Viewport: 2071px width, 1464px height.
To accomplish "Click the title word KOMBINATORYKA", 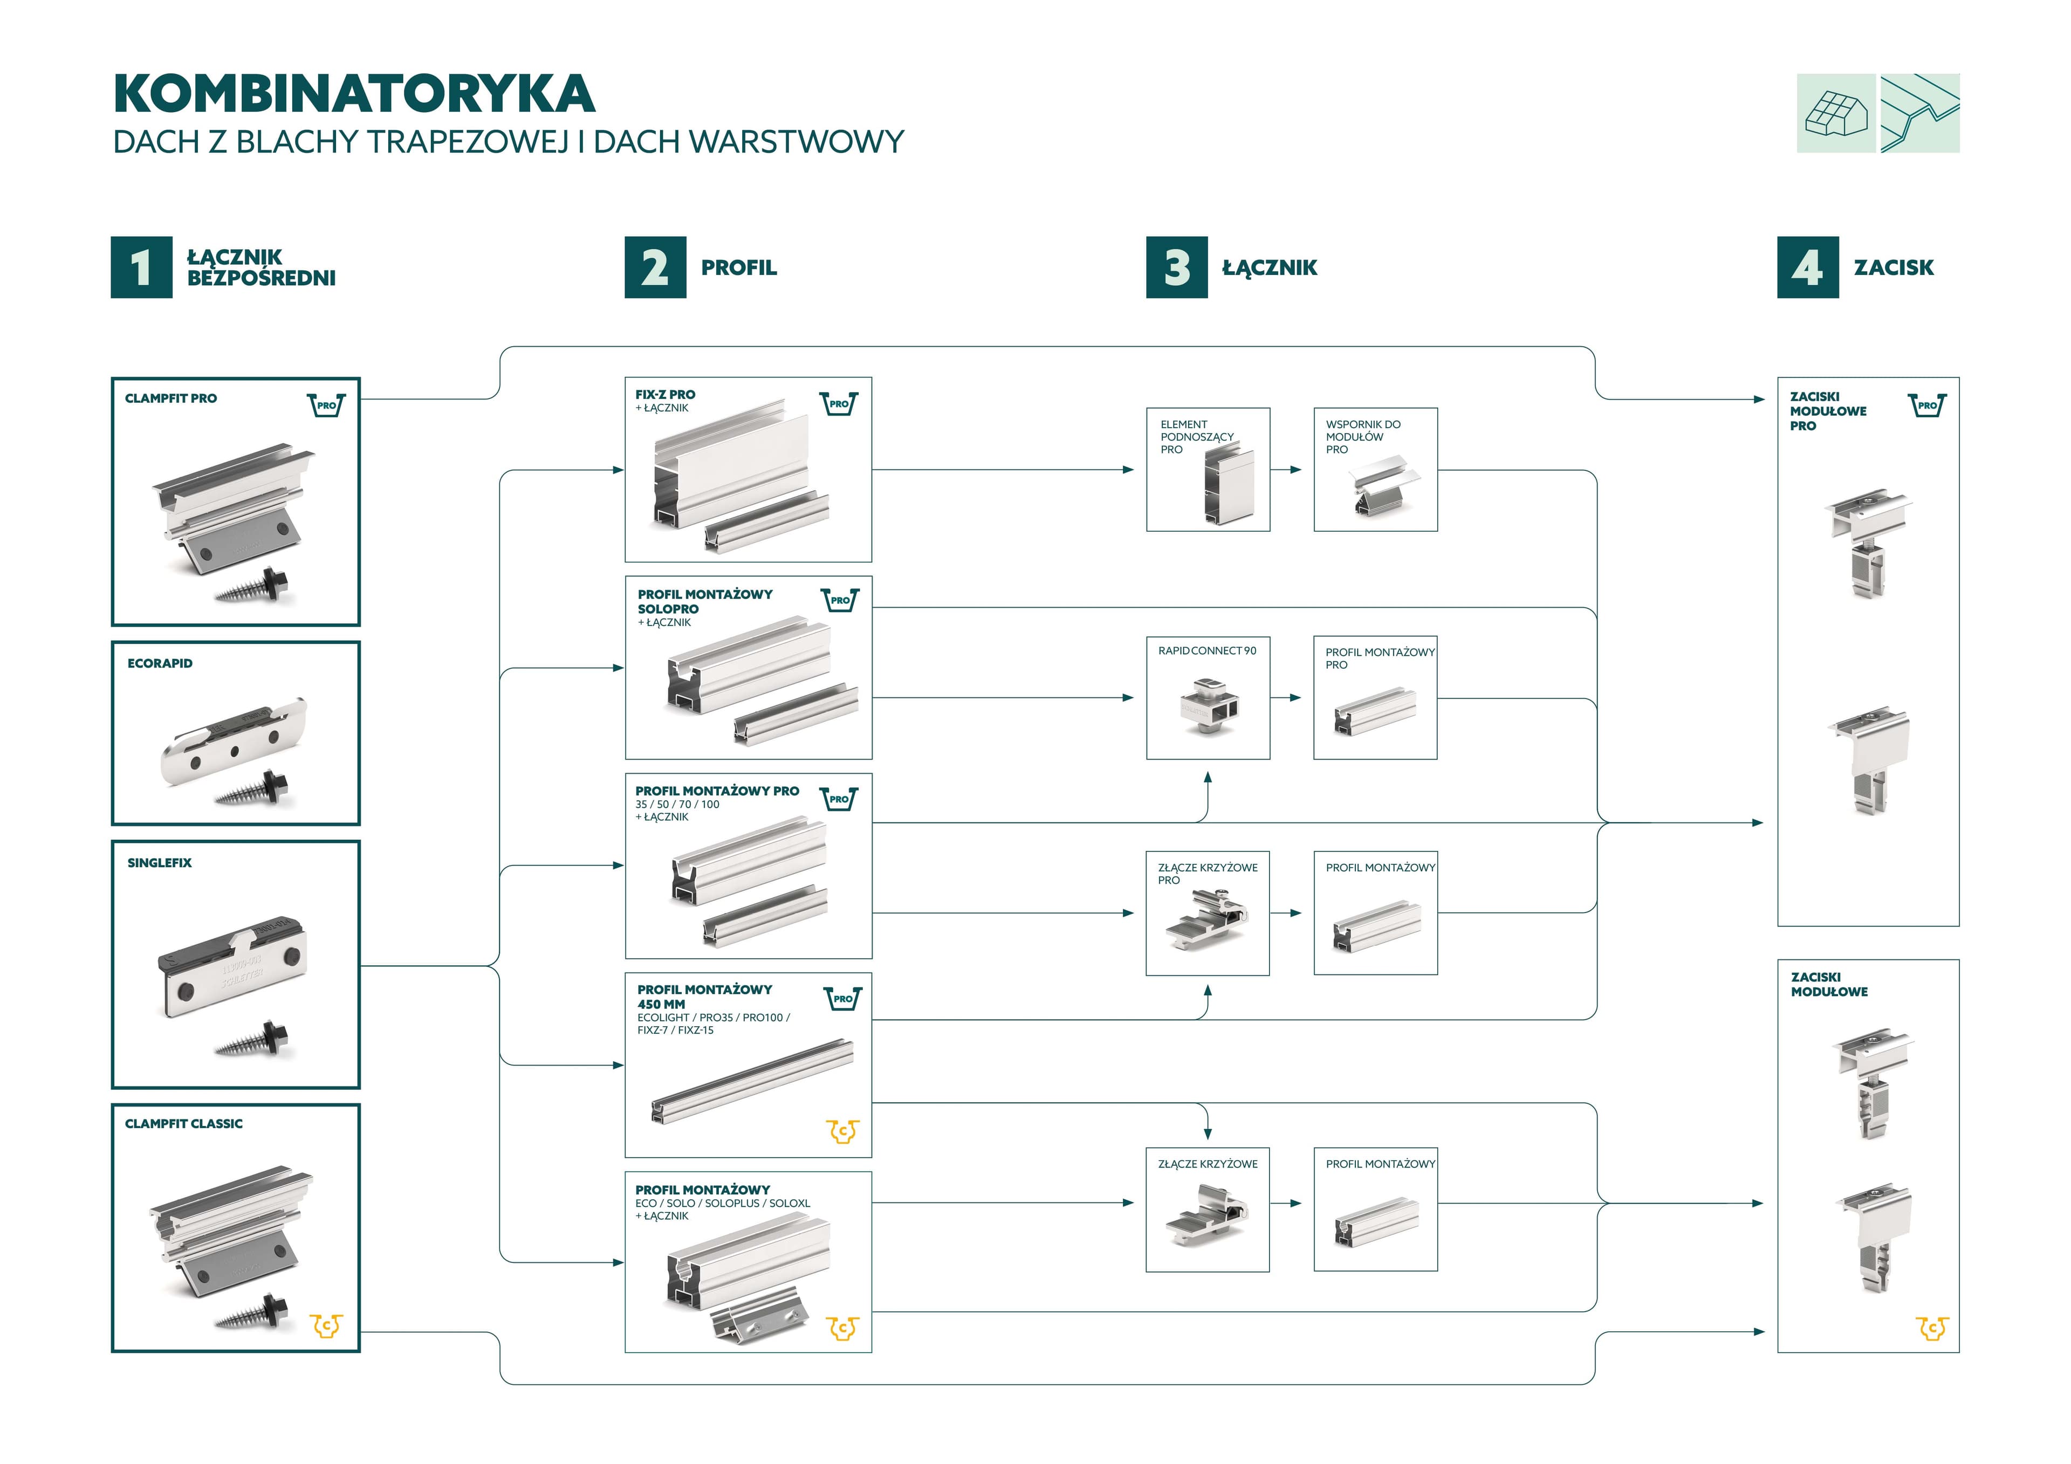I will [x=354, y=94].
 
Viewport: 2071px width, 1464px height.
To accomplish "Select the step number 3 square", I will [x=1176, y=267].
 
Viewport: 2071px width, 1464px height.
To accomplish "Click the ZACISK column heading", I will [x=1894, y=267].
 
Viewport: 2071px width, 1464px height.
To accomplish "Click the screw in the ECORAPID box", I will [x=258, y=787].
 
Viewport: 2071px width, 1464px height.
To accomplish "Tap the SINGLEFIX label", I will [x=160, y=862].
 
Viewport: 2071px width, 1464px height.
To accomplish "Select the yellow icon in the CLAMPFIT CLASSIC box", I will [x=326, y=1325].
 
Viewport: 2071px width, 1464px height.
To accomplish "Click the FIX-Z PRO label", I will [x=665, y=394].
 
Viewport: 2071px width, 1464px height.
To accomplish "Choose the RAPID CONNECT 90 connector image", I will [x=1208, y=708].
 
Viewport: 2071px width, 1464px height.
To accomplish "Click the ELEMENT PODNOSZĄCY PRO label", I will [x=1196, y=437].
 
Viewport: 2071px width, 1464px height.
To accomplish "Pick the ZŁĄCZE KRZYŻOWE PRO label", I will [x=1207, y=873].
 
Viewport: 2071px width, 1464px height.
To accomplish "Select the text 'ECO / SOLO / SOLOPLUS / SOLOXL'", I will [x=723, y=1202].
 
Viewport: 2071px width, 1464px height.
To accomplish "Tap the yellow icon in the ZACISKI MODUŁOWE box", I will [x=1931, y=1328].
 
